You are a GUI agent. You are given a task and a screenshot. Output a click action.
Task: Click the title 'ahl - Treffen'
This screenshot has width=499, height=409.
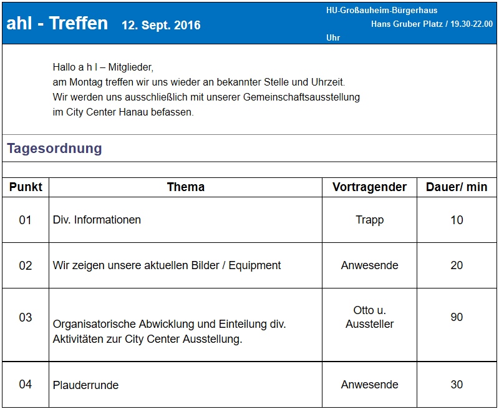click(57, 24)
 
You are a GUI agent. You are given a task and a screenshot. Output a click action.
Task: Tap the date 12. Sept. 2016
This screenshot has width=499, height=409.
click(161, 26)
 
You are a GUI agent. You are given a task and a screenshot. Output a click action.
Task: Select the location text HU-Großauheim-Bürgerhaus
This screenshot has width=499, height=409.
click(381, 11)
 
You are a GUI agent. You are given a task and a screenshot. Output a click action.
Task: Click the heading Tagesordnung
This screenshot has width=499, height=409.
click(54, 149)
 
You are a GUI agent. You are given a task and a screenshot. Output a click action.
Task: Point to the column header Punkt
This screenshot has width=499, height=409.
click(26, 187)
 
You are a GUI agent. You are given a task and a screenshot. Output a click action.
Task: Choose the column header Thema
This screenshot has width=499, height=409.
click(185, 187)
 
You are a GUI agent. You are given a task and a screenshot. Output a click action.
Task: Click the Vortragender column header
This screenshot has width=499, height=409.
click(369, 187)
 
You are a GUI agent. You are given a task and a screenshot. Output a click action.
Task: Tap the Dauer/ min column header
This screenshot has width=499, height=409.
click(457, 187)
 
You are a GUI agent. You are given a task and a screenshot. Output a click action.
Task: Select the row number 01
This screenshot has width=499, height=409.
click(25, 220)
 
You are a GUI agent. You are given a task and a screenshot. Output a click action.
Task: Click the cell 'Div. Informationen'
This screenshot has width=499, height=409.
click(97, 220)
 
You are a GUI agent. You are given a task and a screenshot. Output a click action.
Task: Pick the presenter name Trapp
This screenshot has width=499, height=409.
click(369, 220)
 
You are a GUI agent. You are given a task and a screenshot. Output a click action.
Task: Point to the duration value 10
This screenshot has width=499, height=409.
click(457, 220)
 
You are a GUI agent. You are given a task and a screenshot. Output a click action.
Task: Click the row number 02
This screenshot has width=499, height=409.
click(25, 265)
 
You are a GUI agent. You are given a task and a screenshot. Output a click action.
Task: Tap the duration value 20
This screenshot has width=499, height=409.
click(457, 265)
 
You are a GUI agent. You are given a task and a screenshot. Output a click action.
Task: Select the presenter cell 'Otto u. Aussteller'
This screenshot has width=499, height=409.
click(369, 317)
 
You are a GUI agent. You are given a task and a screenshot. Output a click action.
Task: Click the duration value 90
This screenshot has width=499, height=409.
click(457, 317)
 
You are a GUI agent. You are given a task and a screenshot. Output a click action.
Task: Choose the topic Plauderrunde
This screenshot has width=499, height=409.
click(85, 385)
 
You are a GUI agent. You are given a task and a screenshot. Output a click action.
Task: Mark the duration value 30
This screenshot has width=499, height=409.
click(457, 385)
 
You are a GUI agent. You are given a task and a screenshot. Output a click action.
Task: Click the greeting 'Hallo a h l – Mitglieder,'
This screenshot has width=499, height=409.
click(103, 67)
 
